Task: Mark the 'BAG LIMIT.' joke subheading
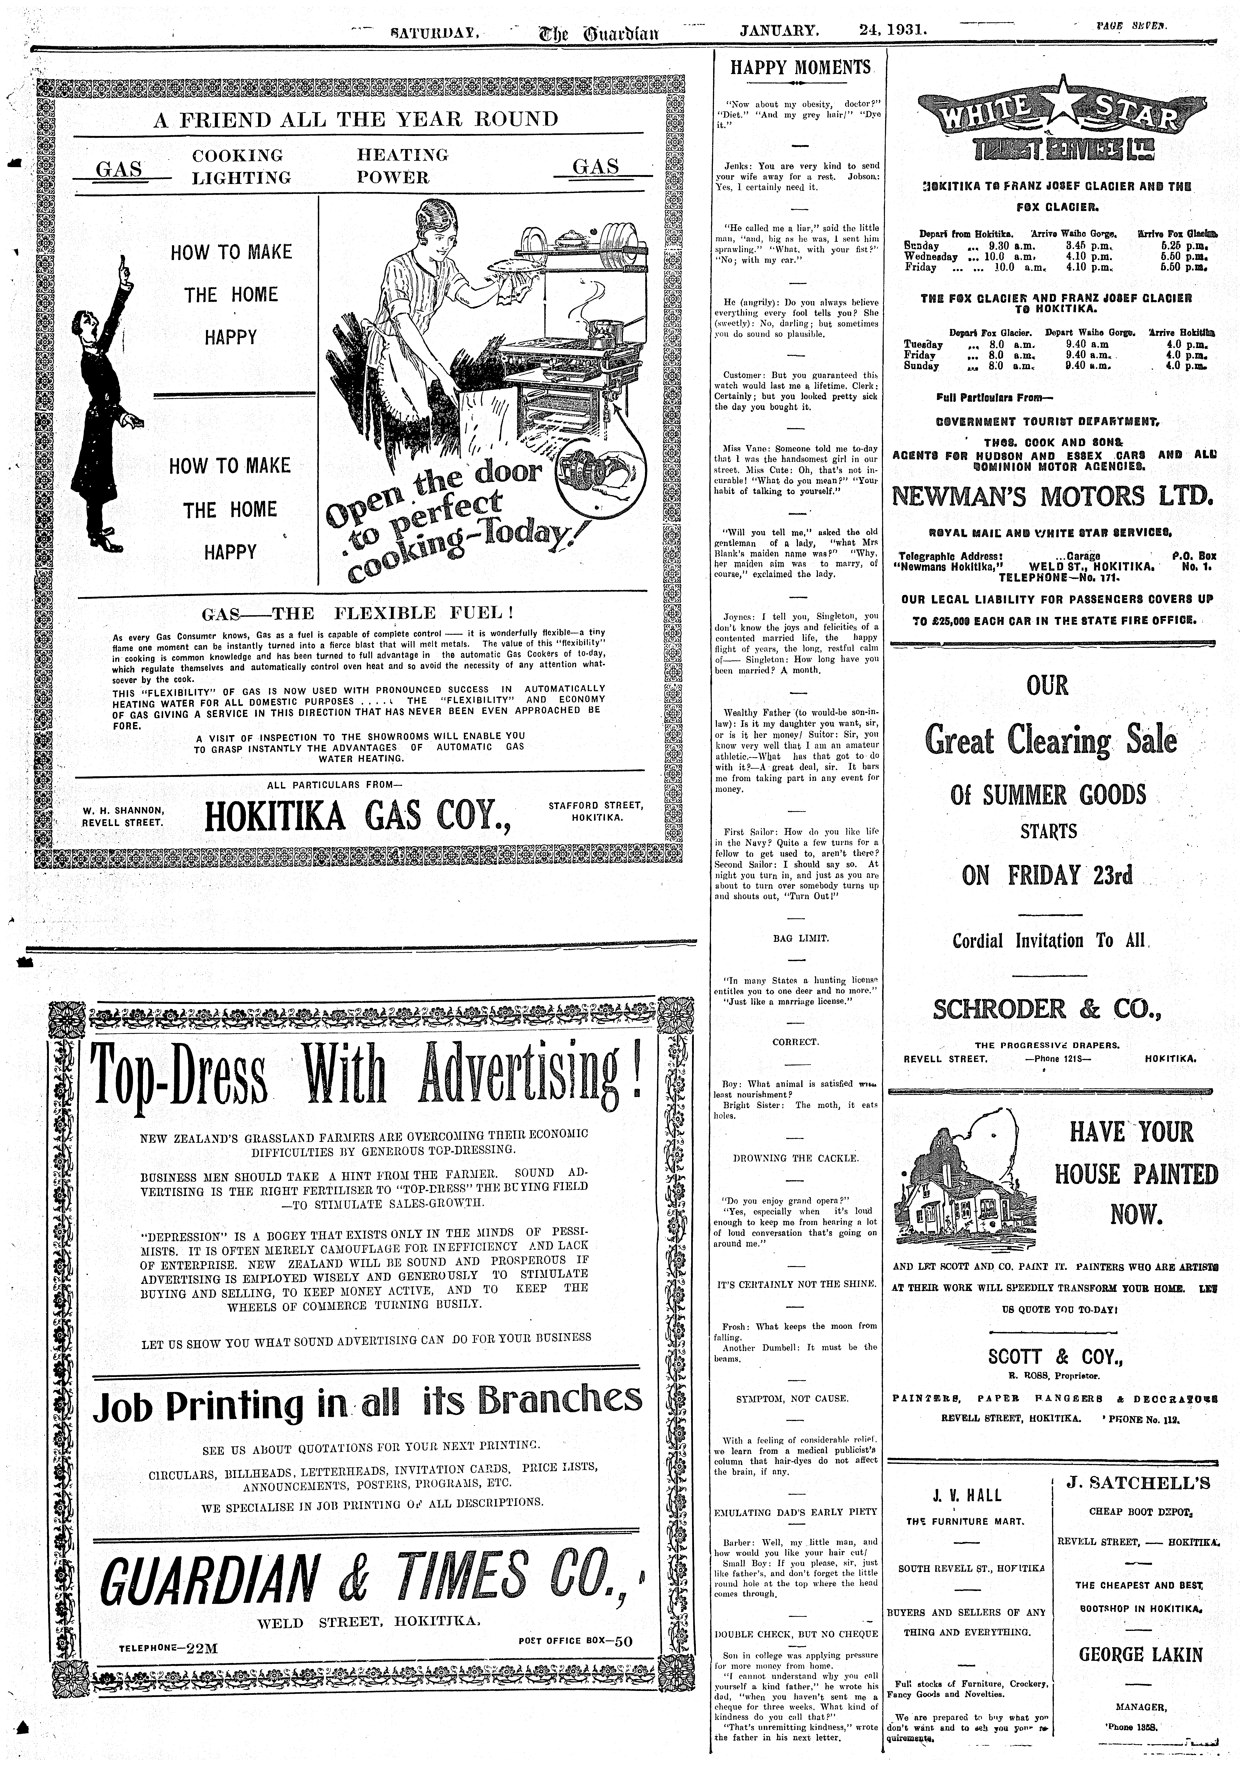click(x=800, y=938)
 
